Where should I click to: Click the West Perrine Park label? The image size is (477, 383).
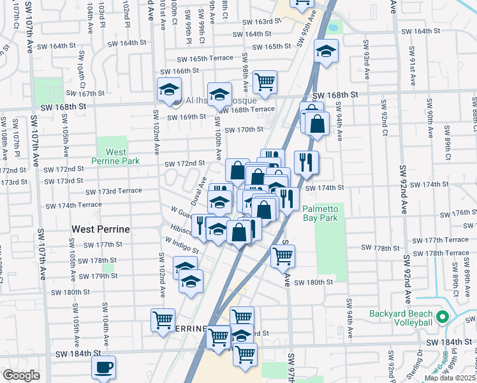(x=116, y=156)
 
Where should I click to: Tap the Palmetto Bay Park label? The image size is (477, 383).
(x=329, y=213)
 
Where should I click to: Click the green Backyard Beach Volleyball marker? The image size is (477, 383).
(x=442, y=317)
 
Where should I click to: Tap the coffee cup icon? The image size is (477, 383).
(x=103, y=367)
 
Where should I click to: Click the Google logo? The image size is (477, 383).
(x=21, y=375)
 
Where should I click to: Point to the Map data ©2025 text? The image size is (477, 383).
(x=450, y=378)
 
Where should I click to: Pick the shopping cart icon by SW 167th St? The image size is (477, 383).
(x=265, y=82)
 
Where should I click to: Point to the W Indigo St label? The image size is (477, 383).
(x=181, y=245)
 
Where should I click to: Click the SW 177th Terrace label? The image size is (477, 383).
(x=440, y=239)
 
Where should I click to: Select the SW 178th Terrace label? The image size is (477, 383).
(x=440, y=253)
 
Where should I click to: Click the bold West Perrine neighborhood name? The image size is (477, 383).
(x=101, y=229)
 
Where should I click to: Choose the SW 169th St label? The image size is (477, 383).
(x=187, y=117)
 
